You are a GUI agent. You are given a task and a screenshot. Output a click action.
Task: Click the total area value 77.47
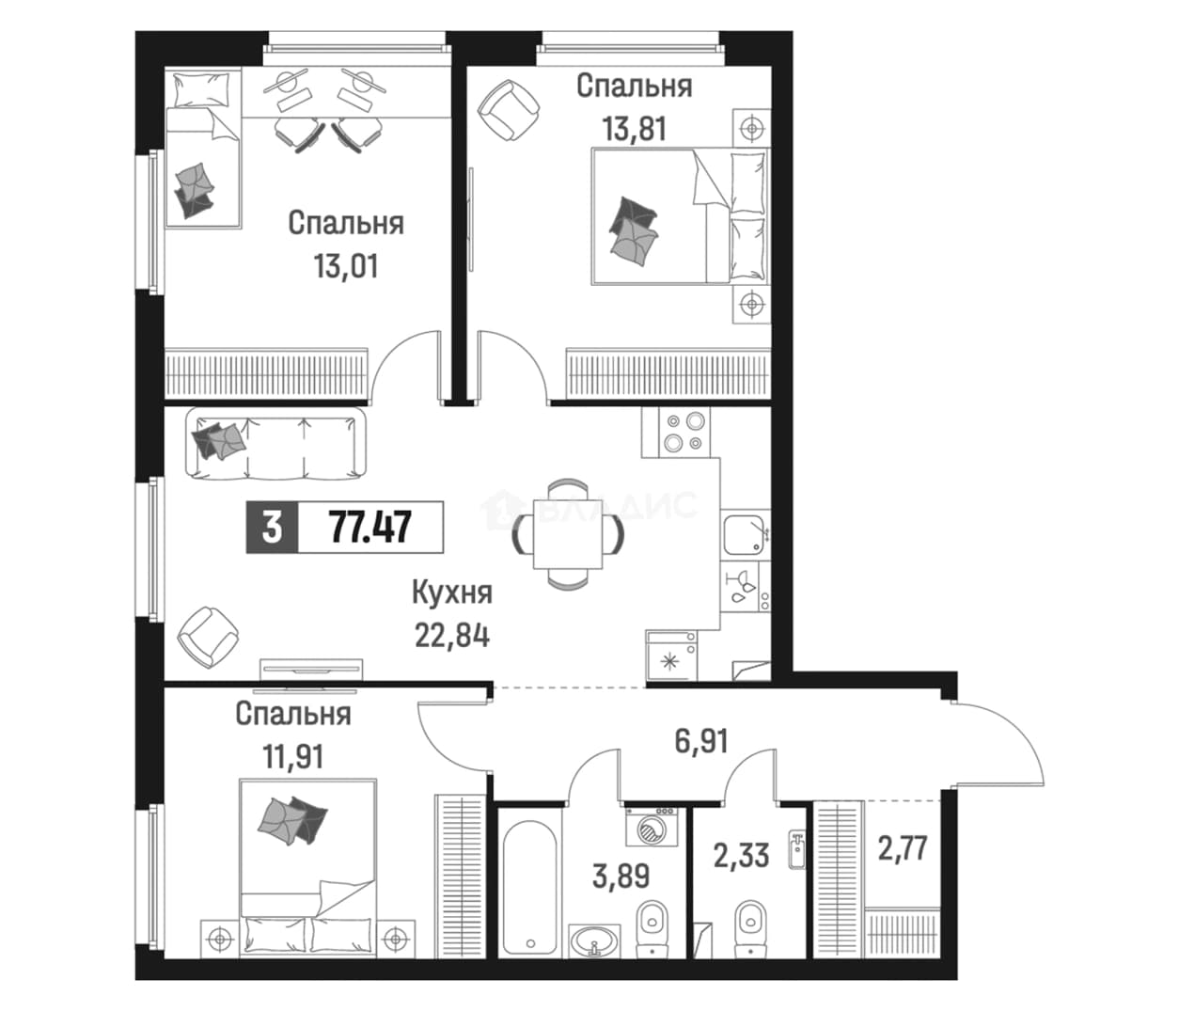coord(370,528)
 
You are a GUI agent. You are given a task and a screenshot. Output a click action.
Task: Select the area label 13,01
coord(346,266)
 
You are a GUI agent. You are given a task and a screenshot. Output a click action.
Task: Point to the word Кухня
coord(452,592)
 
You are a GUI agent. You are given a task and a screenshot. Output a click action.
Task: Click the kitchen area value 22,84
coord(452,636)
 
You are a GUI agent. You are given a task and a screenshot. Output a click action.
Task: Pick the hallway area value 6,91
coord(701,742)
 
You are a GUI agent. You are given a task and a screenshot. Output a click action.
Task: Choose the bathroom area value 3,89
coord(621,876)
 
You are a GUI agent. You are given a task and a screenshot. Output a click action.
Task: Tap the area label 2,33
coord(742,856)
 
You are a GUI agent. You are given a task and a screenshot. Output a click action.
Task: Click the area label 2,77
coord(903,848)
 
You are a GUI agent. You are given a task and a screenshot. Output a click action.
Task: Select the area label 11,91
coord(293,757)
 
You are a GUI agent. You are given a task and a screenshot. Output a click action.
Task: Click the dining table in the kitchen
coord(568,534)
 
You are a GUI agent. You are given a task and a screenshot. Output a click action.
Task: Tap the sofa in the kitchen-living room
coord(276,443)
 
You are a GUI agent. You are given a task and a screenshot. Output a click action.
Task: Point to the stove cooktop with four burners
coord(684,432)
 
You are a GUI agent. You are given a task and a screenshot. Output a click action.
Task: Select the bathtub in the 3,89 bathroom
coord(530,887)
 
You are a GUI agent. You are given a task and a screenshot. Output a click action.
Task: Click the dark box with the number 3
coord(272,528)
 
